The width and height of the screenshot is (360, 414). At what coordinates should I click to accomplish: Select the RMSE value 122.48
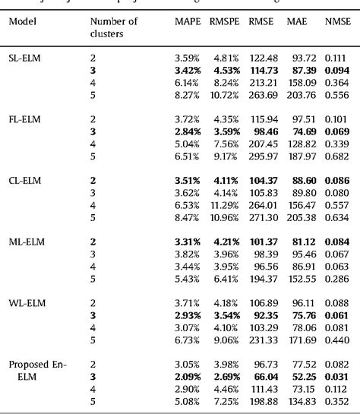(x=261, y=57)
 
